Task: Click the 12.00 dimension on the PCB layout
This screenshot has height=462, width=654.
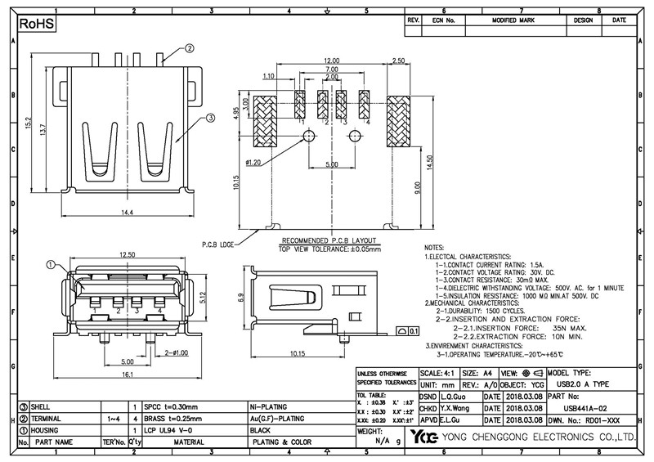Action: click(330, 61)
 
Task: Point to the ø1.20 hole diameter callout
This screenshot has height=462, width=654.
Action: click(255, 163)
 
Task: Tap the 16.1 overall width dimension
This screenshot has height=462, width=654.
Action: click(127, 375)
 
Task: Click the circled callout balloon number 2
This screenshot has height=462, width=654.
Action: click(189, 48)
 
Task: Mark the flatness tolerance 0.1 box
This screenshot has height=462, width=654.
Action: click(407, 331)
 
